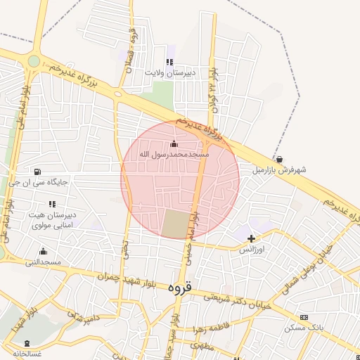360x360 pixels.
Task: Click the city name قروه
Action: (x=180, y=288)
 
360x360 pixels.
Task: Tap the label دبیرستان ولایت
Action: (x=169, y=72)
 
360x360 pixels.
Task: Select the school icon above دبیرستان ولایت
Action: (x=169, y=62)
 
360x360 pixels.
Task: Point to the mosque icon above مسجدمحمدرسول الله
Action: (x=174, y=144)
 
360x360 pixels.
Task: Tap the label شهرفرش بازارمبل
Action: (x=280, y=170)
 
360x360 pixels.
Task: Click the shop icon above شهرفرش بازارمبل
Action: (x=280, y=160)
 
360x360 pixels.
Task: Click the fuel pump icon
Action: (x=37, y=172)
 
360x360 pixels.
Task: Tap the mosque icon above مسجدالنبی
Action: (x=43, y=252)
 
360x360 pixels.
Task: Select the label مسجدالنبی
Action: (x=43, y=262)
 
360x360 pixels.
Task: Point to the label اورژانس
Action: (x=251, y=250)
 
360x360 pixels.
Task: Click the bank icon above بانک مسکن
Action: (x=303, y=318)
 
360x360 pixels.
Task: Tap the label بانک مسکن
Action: (x=303, y=328)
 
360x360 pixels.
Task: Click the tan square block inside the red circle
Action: (x=176, y=224)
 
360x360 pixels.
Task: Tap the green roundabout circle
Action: (x=33, y=61)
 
